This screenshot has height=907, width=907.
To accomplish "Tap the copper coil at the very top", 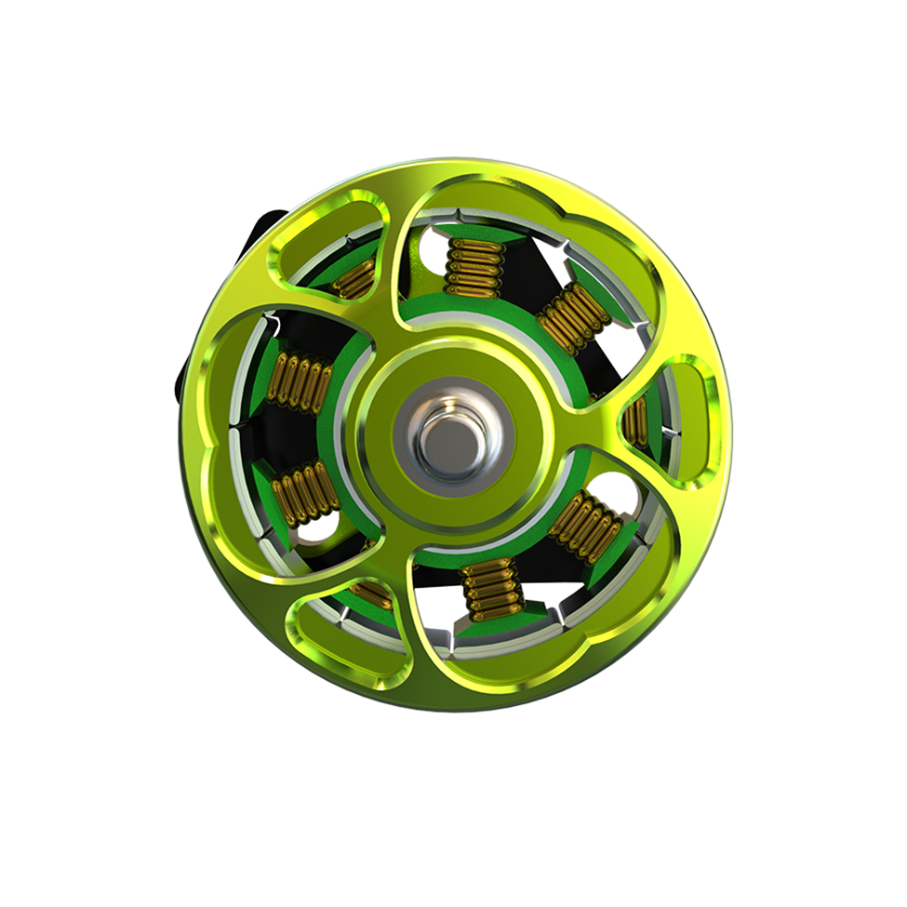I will click(474, 266).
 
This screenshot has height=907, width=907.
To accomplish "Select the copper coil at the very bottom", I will click(492, 590).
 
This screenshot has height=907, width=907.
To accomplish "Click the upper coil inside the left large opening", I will click(299, 381).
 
